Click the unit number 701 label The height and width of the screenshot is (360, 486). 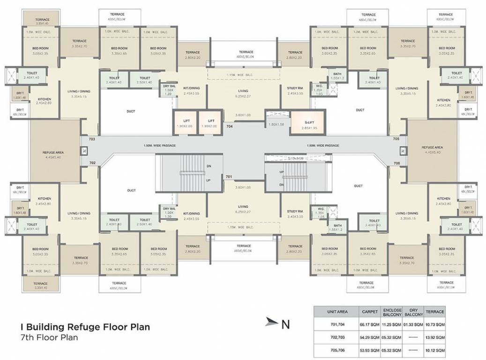[x=229, y=177]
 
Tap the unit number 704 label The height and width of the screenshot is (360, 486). [x=230, y=127]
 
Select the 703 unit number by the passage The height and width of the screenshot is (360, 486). [x=92, y=139]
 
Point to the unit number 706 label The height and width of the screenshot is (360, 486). [x=396, y=163]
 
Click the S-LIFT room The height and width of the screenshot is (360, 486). [x=309, y=120]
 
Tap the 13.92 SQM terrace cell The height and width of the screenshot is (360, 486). [x=435, y=337]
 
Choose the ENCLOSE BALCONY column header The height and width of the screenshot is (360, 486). [x=392, y=311]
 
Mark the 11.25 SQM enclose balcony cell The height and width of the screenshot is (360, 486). [x=392, y=323]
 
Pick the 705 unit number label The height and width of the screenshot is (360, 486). [x=396, y=139]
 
